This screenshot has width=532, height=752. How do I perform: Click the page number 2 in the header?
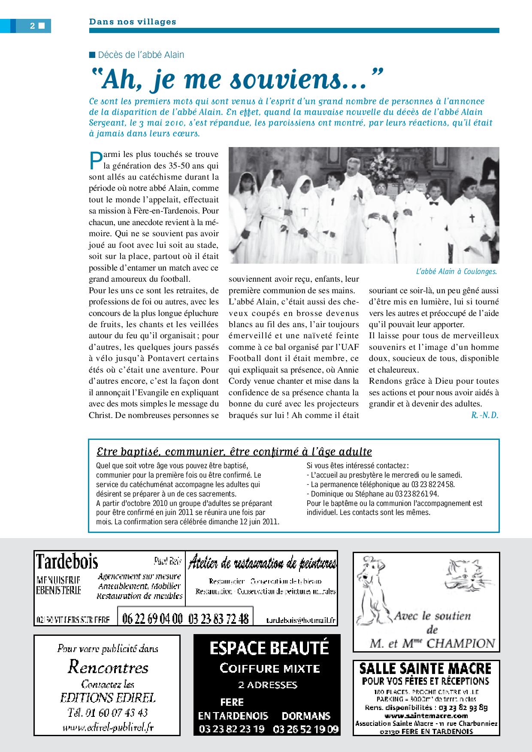point(33,26)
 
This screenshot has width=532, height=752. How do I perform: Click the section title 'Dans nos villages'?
point(133,21)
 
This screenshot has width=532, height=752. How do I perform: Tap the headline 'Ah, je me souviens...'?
point(236,80)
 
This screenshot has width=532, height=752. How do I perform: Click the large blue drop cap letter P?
point(95,160)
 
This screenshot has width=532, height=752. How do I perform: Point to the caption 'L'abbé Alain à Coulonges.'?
point(456,271)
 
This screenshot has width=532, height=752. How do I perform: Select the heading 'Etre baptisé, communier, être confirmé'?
point(234,451)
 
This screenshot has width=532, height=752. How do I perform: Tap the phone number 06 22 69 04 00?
point(152,619)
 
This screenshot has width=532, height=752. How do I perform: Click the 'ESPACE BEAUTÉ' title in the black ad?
point(269,648)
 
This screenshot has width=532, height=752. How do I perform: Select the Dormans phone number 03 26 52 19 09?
point(306,728)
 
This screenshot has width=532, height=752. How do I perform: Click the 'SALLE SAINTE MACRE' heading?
point(425,668)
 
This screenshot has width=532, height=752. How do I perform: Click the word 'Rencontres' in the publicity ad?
point(108,667)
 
